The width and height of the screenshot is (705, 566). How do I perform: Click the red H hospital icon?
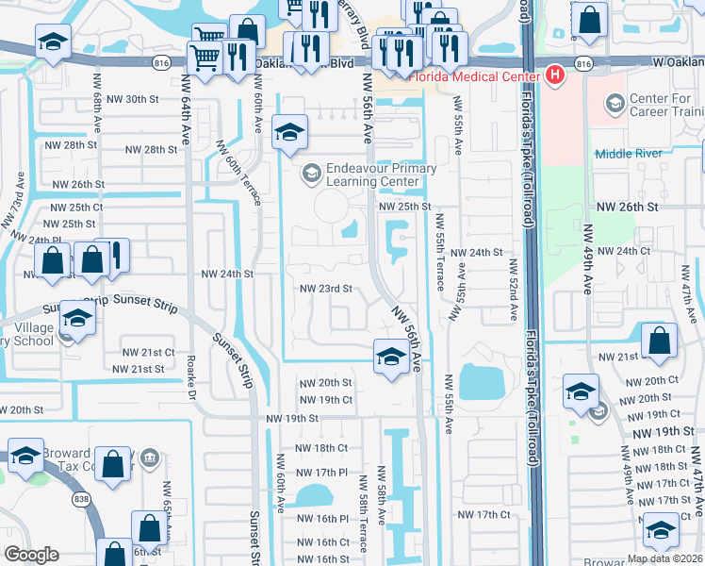555,74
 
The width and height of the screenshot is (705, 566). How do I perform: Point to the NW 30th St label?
125,99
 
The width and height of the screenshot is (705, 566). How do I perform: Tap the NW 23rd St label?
325,289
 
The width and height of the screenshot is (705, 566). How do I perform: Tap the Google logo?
31,555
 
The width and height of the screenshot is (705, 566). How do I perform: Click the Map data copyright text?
664,558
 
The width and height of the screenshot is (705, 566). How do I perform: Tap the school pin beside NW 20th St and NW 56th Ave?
388,357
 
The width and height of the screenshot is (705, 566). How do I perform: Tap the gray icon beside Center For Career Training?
615,101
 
